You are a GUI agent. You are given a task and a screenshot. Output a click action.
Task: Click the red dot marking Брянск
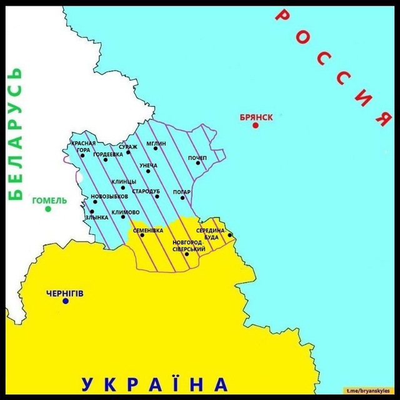[x=256, y=126]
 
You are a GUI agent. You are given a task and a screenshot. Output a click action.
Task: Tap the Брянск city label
[x=256, y=117]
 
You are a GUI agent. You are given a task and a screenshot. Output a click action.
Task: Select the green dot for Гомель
[x=48, y=209]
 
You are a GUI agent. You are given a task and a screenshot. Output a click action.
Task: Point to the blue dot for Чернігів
[x=66, y=301]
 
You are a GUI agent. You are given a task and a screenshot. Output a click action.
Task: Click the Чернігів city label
[x=65, y=292]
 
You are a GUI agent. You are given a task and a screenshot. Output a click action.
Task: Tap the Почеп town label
[x=197, y=157]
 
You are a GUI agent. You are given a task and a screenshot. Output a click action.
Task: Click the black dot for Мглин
[x=156, y=149]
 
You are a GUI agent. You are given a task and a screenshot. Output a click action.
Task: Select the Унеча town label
[x=148, y=166]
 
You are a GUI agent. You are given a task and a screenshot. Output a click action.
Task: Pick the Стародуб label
[x=146, y=191]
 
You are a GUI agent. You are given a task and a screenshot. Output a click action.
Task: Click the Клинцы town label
[x=124, y=182]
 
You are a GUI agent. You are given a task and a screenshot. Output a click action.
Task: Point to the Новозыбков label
[x=109, y=196]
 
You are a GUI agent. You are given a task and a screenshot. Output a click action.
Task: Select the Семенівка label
[x=148, y=230]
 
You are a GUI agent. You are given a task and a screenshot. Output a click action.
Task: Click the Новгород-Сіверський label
[x=189, y=246]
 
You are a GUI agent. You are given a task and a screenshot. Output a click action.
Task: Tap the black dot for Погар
[x=183, y=198]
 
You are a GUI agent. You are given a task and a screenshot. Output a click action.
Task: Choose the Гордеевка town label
[x=108, y=154]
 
